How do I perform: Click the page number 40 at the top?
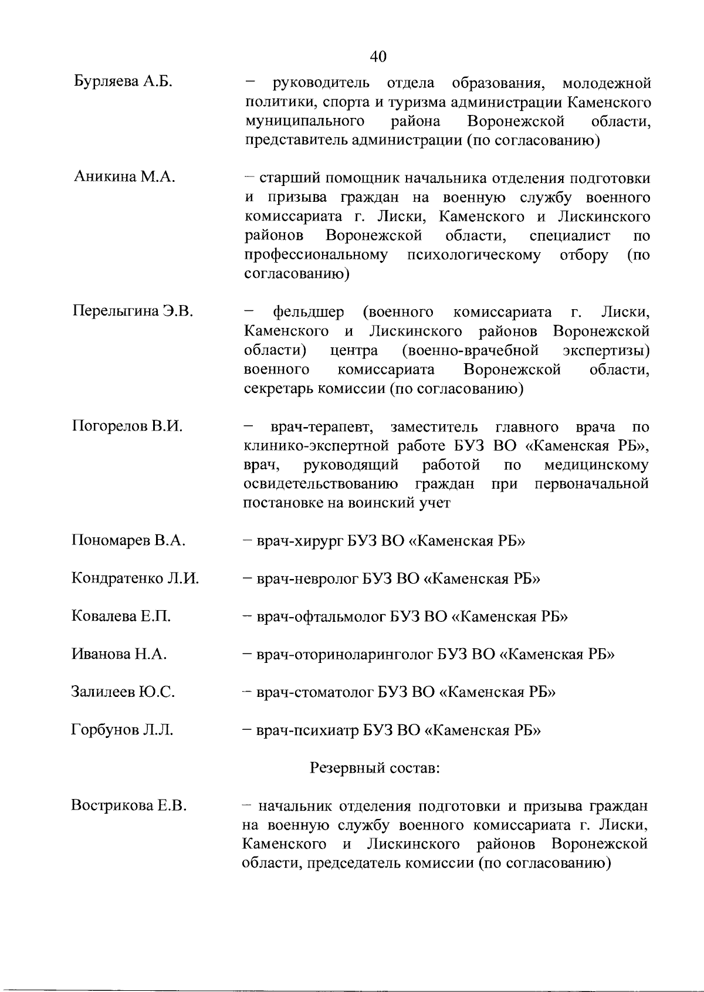point(378,56)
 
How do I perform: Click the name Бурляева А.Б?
point(123,81)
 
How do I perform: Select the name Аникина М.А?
point(124,177)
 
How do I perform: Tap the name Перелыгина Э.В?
point(133,310)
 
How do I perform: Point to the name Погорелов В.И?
point(127,426)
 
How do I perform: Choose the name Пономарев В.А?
point(128,540)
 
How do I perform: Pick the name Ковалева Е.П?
point(121,616)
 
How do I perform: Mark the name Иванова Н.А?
point(119,654)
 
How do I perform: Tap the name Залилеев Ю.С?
point(123,692)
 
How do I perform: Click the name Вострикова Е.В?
point(129,805)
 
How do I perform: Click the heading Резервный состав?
point(374,767)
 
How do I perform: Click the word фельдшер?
point(309,311)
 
